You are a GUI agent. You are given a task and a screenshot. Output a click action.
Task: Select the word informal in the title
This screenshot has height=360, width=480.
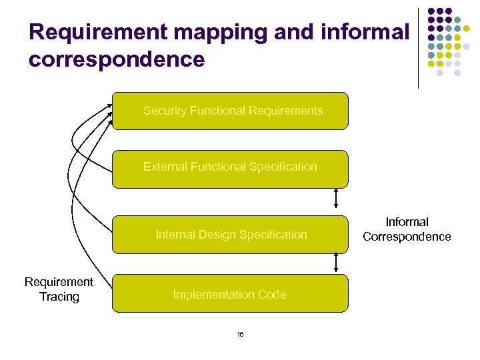[x=364, y=32]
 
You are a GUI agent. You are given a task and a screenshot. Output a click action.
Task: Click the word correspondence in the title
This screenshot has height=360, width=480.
[x=117, y=59]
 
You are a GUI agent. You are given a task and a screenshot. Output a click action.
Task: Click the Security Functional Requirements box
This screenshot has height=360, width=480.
[x=230, y=111]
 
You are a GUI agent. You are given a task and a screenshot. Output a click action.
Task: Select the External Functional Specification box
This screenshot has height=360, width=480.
[x=230, y=169]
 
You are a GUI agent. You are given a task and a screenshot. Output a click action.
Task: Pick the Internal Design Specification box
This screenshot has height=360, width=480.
[x=230, y=235]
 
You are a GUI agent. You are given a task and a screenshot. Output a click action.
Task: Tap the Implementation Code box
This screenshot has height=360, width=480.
[x=230, y=294]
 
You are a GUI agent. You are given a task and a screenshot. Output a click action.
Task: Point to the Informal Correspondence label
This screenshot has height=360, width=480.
[x=407, y=229]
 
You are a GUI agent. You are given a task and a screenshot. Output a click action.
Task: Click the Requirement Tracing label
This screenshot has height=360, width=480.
[x=59, y=289]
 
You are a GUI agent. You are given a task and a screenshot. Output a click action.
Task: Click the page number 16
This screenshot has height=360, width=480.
[x=240, y=334]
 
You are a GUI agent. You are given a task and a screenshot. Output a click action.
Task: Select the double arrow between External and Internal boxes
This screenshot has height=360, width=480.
[x=336, y=198]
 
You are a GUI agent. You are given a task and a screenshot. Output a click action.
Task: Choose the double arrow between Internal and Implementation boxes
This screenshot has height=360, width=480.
[x=336, y=263]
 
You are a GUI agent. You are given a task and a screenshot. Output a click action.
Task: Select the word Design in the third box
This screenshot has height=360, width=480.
[x=219, y=235]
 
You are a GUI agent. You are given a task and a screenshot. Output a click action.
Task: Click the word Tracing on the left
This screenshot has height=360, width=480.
[x=59, y=297]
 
